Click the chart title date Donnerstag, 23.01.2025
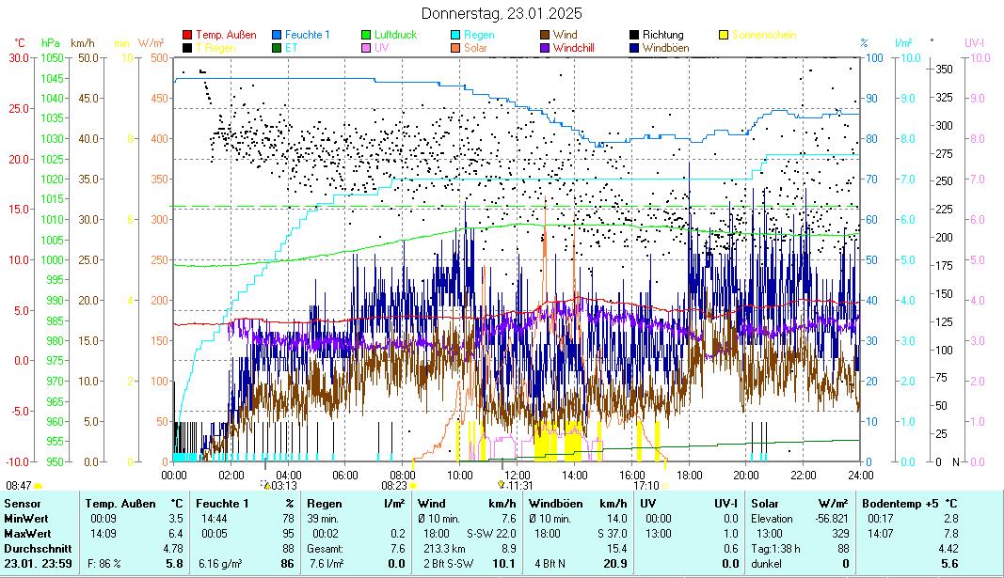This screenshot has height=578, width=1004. point(502,13)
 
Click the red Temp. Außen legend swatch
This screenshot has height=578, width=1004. point(187,35)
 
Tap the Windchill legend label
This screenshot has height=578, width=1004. point(573,47)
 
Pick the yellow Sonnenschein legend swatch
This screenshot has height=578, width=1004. point(725,35)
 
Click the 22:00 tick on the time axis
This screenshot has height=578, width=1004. point(804,475)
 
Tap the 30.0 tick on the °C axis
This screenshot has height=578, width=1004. point(19,58)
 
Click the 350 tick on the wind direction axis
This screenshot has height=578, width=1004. point(944,70)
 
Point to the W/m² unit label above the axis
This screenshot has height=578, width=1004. point(151,43)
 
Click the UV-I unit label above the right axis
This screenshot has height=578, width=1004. point(974,43)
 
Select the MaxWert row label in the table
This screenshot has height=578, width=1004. point(25,534)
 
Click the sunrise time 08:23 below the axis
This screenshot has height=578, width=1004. point(394,486)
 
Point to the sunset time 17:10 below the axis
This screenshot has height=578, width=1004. point(646,486)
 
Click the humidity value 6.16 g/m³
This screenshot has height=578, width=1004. point(218,563)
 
